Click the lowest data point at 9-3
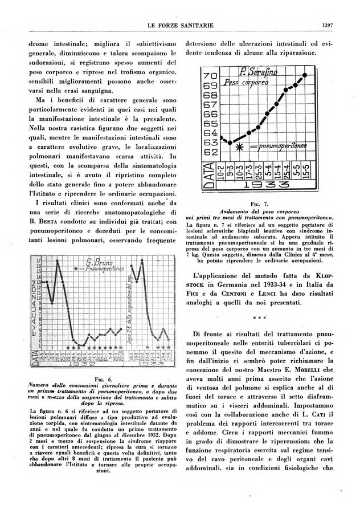tap(230, 143)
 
